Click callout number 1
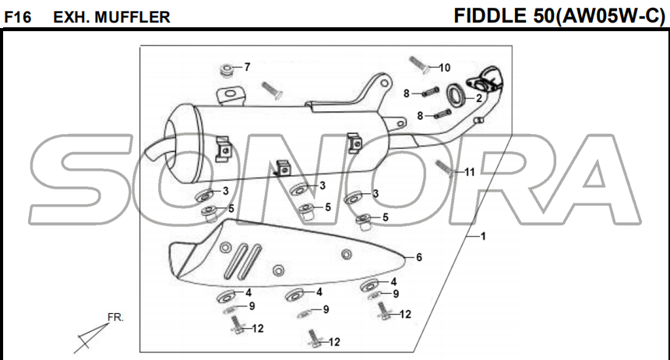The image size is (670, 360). [483, 236]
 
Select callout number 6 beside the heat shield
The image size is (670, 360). [418, 257]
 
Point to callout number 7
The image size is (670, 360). [247, 67]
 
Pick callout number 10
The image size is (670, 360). [444, 68]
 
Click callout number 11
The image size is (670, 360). [469, 171]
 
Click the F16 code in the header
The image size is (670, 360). [17, 16]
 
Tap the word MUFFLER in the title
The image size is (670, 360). [133, 16]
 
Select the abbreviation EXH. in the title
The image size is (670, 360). [72, 16]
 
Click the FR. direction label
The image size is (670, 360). [115, 318]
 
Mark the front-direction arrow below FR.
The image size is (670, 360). [90, 337]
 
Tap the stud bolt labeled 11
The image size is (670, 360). [445, 166]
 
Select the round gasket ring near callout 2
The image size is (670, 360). [456, 96]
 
